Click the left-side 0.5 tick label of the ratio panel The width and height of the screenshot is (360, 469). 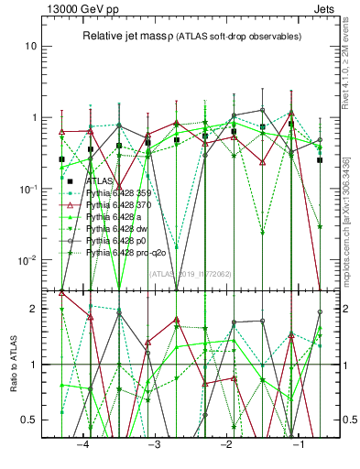tap(31, 420)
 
